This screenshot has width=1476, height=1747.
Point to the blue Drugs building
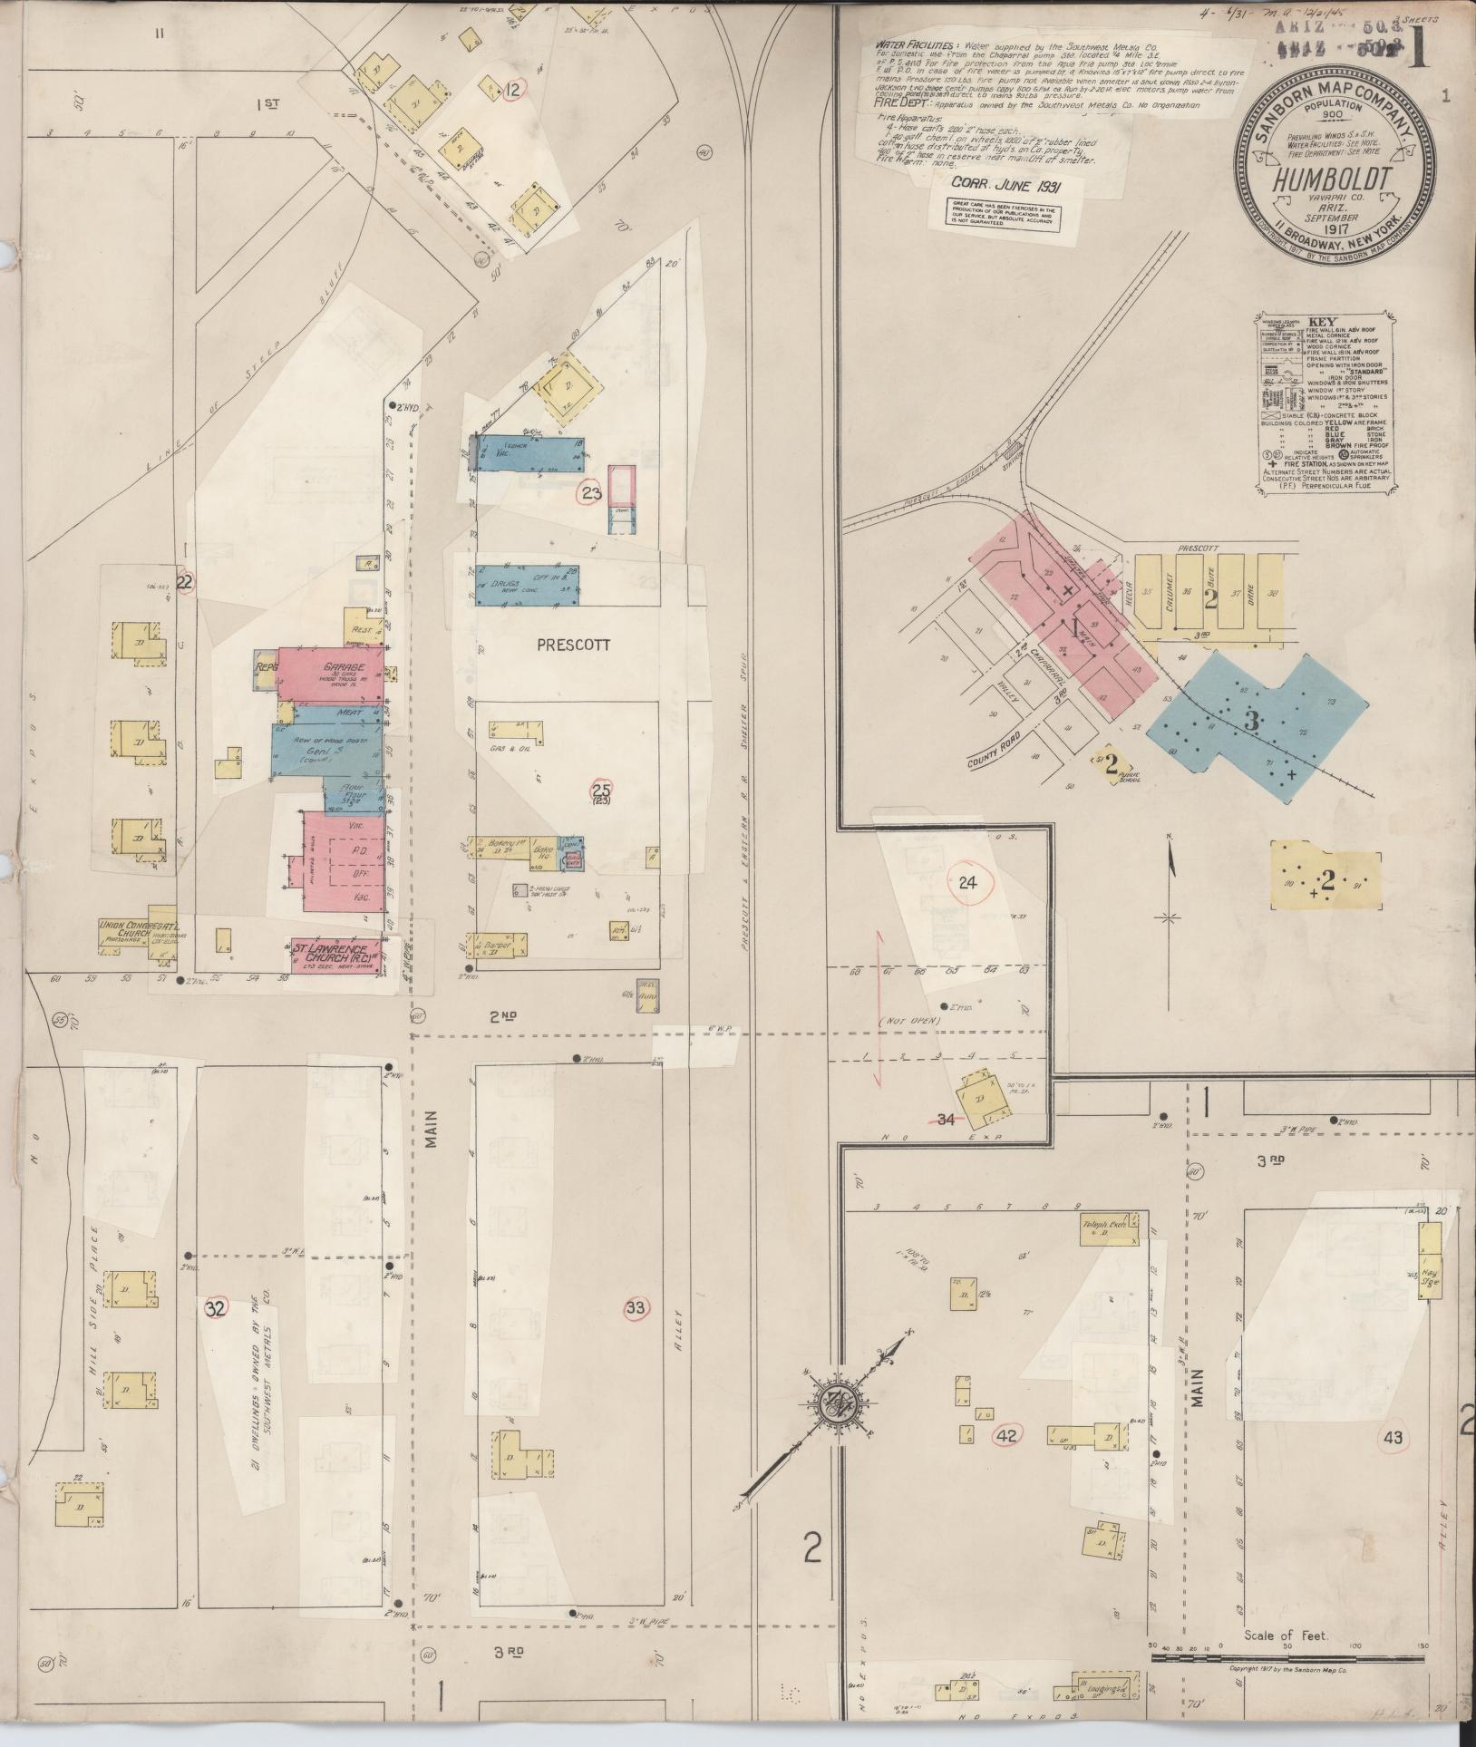click(x=528, y=587)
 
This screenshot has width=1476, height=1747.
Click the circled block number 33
click(x=636, y=1307)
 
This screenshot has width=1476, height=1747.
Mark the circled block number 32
click(x=215, y=1308)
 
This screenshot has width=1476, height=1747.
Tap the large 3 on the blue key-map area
click(x=1252, y=723)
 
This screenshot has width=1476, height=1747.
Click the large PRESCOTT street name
click(x=573, y=645)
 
